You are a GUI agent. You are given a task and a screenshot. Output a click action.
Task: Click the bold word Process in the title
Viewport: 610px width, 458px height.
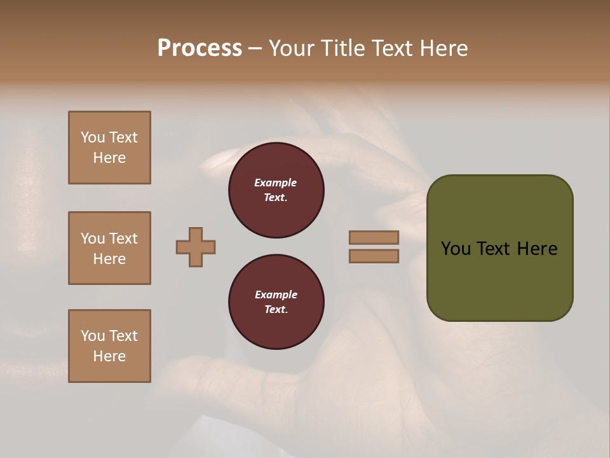pos(200,48)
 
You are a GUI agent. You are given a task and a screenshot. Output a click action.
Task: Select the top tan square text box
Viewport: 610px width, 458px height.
pos(109,148)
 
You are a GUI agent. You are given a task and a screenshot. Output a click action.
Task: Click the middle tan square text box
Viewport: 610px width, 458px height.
pos(109,248)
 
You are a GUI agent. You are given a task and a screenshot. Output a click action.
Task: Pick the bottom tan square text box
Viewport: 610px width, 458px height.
pos(109,346)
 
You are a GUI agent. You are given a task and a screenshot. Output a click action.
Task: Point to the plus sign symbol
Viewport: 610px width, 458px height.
pos(196,247)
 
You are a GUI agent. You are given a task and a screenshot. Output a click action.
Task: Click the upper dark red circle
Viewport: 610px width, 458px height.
pos(276,190)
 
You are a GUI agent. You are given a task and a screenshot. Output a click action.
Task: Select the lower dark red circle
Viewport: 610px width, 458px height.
pos(276,302)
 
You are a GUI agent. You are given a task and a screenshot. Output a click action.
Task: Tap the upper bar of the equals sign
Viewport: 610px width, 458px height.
pos(374,237)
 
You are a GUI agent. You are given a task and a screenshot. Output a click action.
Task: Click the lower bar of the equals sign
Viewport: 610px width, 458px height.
pos(374,256)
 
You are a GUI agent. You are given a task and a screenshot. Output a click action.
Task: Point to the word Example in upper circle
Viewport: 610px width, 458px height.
pos(275,183)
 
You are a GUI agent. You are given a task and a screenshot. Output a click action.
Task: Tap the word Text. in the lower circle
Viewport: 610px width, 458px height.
pos(276,309)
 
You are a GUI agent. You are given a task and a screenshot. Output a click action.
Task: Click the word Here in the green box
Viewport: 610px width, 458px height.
pos(537,249)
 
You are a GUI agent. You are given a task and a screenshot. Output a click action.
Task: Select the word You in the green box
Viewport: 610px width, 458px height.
pos(455,249)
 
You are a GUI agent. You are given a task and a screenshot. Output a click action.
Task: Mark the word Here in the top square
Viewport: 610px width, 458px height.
pos(109,158)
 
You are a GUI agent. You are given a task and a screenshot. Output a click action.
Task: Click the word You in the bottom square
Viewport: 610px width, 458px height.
pos(93,336)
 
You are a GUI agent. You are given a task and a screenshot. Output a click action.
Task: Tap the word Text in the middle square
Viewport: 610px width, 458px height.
pos(123,239)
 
